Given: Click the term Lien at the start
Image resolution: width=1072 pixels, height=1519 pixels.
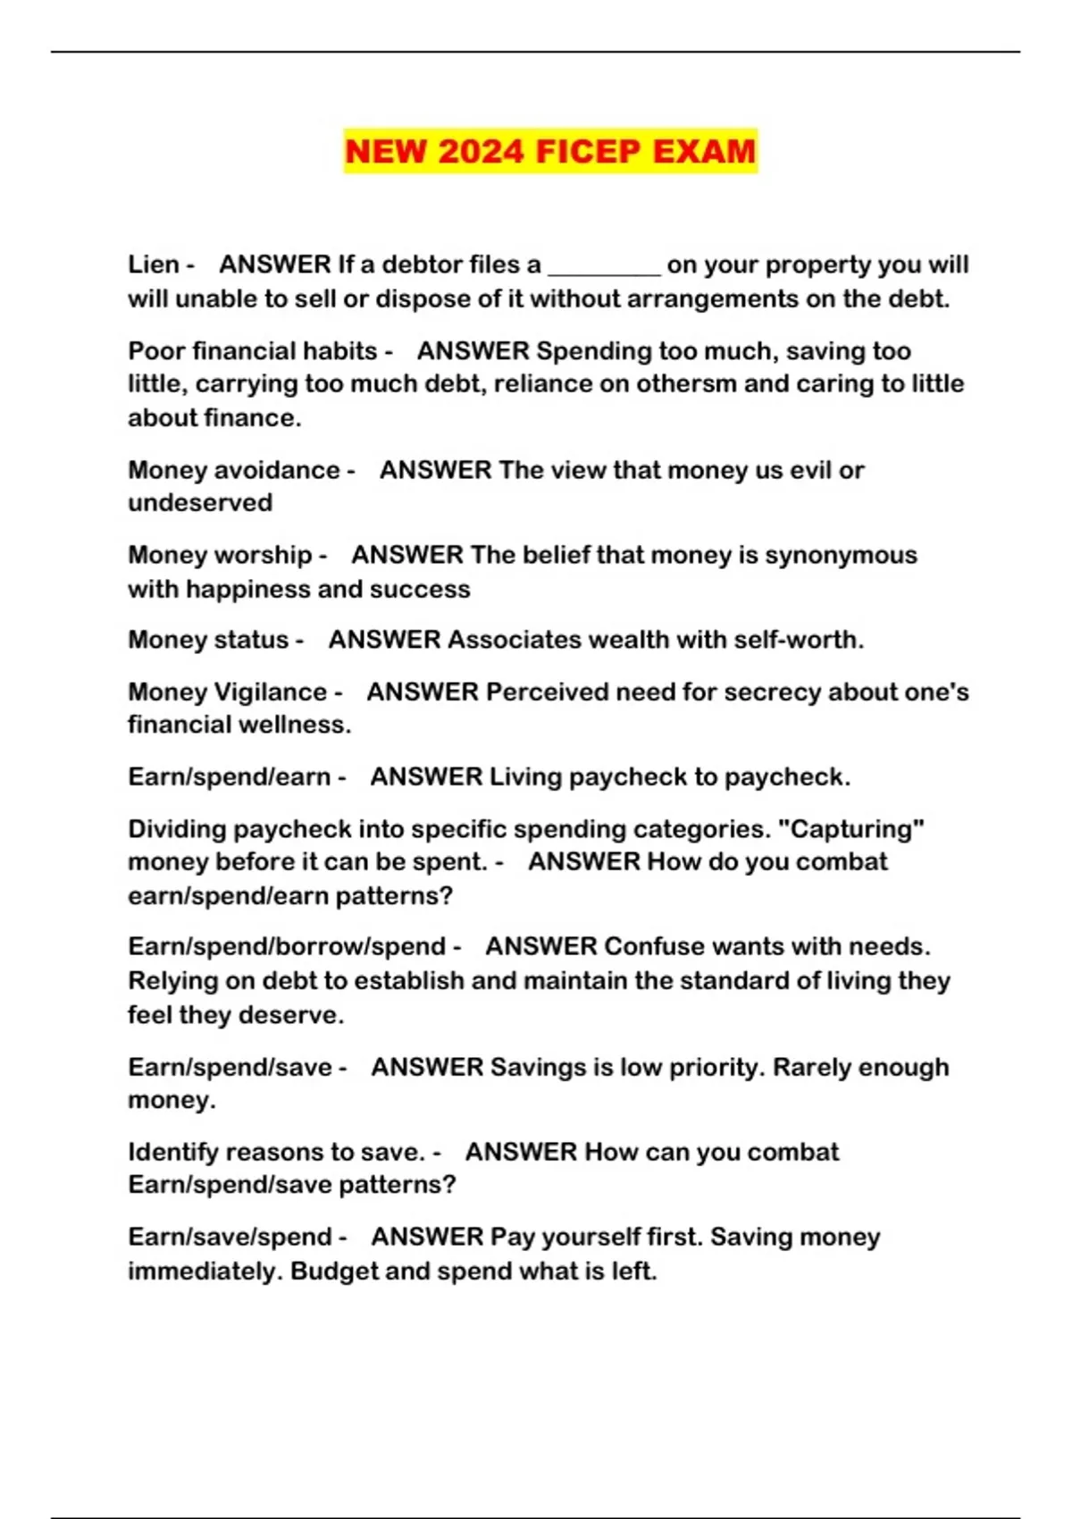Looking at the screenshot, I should pyautogui.click(x=154, y=264).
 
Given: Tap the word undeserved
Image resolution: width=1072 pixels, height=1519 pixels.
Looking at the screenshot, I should pyautogui.click(x=200, y=503).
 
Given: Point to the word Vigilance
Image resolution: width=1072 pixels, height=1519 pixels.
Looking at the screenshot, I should pyautogui.click(x=278, y=692).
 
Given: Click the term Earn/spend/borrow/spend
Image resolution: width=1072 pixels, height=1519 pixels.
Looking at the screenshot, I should pyautogui.click(x=287, y=946).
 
